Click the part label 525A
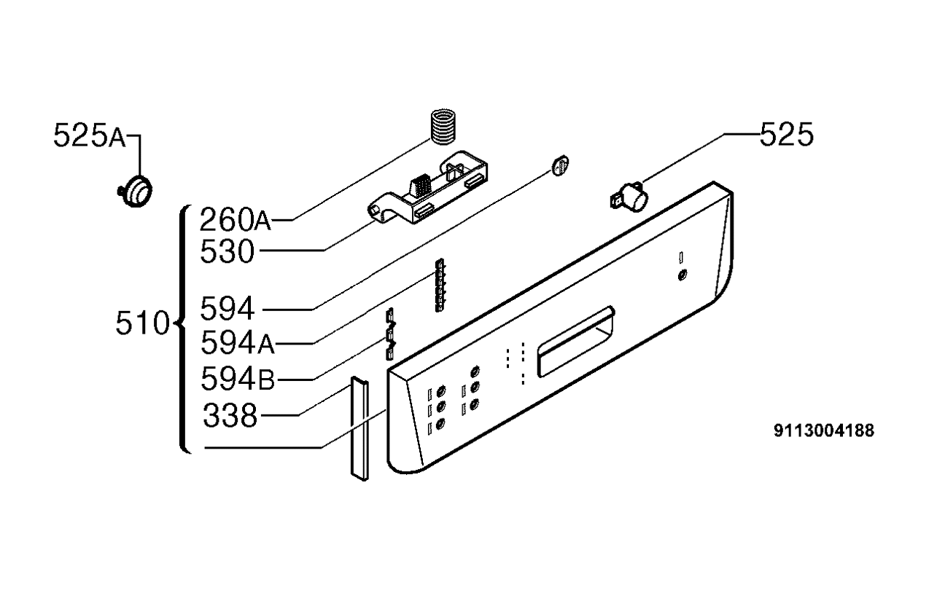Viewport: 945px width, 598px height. click(90, 135)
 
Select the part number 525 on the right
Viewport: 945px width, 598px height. click(786, 135)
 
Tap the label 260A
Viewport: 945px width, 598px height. click(235, 219)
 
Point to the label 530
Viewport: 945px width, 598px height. click(227, 251)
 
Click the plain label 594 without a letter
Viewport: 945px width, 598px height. click(227, 309)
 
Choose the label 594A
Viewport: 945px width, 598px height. click(237, 343)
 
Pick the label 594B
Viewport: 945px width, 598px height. click(238, 379)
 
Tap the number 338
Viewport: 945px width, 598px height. click(230, 415)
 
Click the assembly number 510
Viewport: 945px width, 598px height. click(142, 323)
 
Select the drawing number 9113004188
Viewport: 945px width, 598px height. click(824, 430)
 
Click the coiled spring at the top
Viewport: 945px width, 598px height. click(443, 127)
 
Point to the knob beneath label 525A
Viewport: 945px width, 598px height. click(135, 192)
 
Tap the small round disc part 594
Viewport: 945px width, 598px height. click(560, 165)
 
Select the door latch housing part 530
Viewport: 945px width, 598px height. click(428, 188)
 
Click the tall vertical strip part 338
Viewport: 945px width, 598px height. click(359, 428)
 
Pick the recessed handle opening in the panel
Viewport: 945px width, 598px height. click(576, 342)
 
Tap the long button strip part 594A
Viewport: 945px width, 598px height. click(440, 286)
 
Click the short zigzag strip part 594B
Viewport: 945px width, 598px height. click(390, 334)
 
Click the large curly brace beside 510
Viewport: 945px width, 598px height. click(183, 329)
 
